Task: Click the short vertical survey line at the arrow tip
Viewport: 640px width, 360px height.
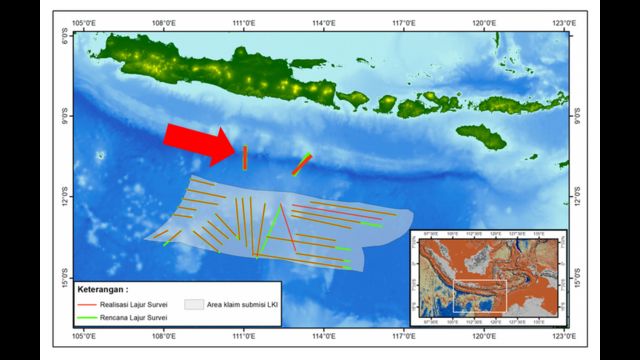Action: (244, 157)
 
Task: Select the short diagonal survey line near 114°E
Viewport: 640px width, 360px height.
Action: (302, 164)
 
